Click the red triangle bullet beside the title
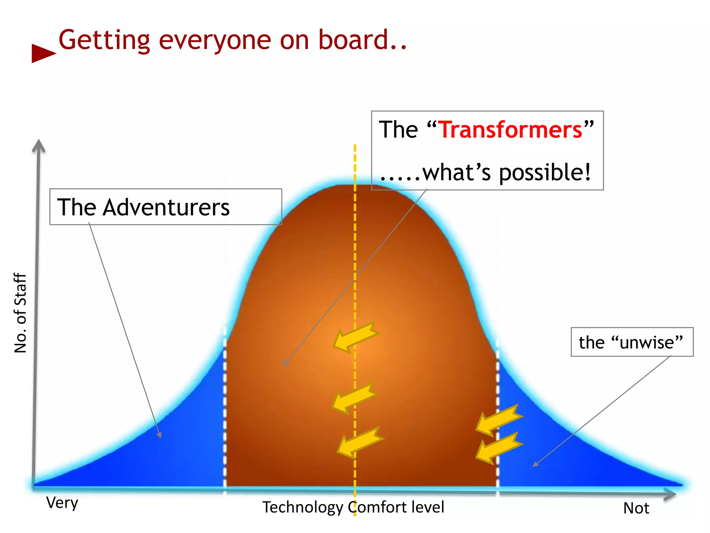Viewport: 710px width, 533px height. [42, 53]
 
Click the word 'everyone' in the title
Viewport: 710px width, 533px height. [215, 40]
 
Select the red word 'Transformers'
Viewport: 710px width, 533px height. [511, 130]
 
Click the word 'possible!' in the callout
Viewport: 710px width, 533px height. [545, 173]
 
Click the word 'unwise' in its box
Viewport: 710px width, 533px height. [647, 342]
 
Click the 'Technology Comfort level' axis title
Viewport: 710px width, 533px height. [353, 507]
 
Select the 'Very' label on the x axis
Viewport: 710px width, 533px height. [62, 503]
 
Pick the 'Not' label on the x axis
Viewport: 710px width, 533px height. [636, 508]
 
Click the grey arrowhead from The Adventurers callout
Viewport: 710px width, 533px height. [160, 435]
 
